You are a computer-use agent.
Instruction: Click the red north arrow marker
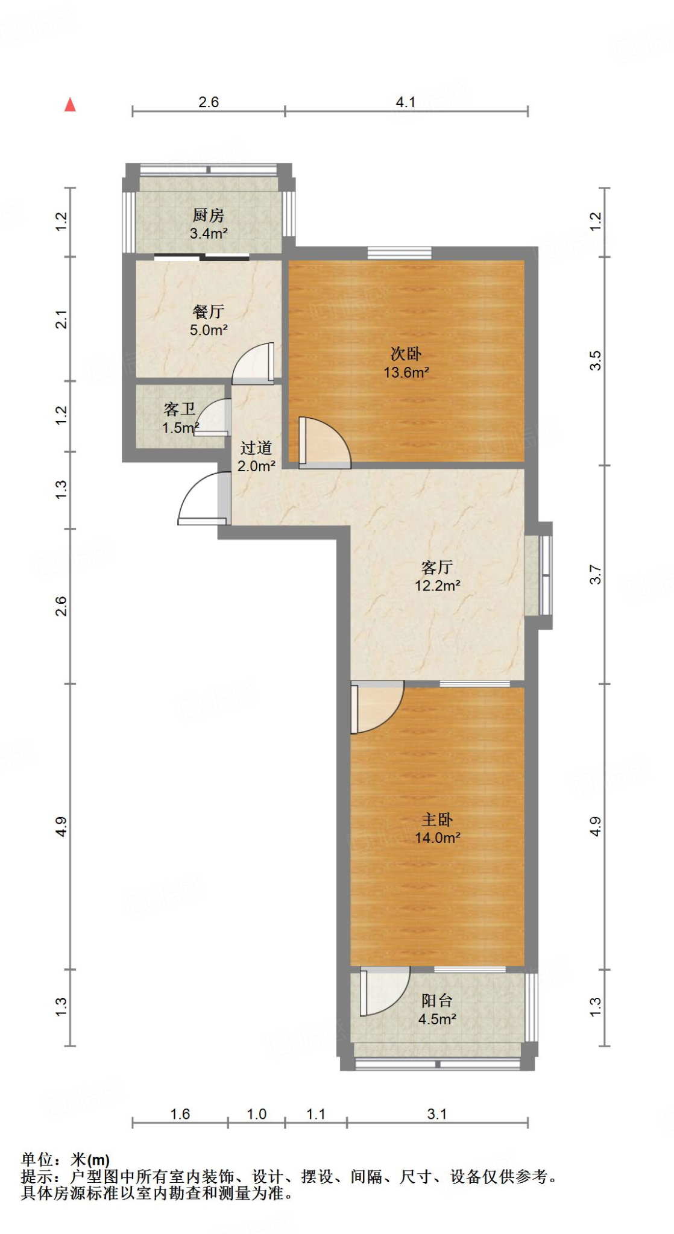(x=71, y=105)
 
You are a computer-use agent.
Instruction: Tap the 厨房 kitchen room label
(x=209, y=215)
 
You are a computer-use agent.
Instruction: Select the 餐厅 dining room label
(x=209, y=312)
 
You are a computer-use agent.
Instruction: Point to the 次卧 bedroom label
(x=406, y=354)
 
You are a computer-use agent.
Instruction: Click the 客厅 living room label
(x=437, y=567)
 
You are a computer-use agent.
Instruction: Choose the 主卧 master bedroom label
(x=437, y=819)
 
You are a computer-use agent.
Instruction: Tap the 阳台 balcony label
(x=437, y=1001)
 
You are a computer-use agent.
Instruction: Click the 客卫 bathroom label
(x=180, y=410)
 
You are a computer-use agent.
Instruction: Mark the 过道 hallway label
(x=256, y=448)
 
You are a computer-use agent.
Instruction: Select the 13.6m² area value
(x=406, y=372)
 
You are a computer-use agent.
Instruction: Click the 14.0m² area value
(x=437, y=838)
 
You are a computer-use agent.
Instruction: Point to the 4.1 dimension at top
(x=406, y=102)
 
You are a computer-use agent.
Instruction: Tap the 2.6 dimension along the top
(x=209, y=102)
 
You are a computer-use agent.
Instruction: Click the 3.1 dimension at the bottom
(x=437, y=1114)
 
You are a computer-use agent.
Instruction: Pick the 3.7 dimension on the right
(x=595, y=574)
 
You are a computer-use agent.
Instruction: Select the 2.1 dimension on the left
(x=61, y=319)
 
